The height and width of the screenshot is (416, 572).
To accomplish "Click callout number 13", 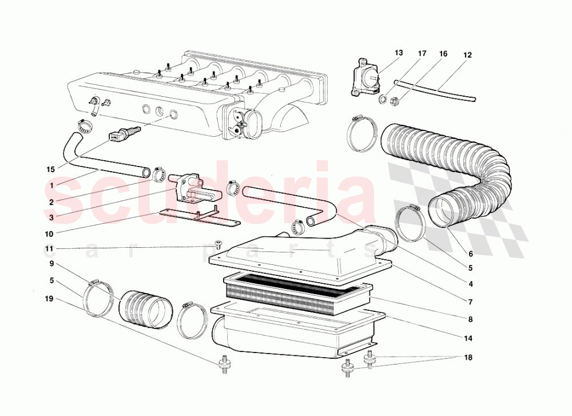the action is [399, 53].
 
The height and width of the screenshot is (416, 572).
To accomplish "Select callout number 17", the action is [422, 54].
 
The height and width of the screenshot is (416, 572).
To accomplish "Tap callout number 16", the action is [443, 54].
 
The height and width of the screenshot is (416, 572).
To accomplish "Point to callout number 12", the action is [467, 55].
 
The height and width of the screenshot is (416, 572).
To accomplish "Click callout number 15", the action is [51, 169].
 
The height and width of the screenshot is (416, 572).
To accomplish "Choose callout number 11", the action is [49, 249].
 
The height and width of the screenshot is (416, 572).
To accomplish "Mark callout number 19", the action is [49, 299].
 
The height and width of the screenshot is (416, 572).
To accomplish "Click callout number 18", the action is [468, 358].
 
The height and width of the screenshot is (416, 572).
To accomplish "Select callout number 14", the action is [468, 339].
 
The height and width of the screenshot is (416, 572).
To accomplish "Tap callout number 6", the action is [471, 254].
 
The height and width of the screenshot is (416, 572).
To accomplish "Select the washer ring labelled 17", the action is [383, 98].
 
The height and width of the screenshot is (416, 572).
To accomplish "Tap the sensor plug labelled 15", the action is [124, 133].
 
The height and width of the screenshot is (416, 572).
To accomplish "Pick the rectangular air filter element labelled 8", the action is [297, 294].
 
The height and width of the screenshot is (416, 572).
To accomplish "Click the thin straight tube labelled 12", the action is [435, 90].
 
